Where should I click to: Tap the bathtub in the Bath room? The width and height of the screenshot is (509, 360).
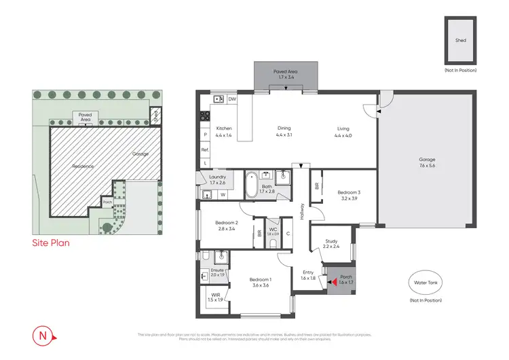click(x=251, y=183)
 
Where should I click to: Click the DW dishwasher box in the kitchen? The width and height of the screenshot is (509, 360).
click(x=232, y=99)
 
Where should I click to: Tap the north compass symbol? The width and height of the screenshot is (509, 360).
click(x=42, y=336)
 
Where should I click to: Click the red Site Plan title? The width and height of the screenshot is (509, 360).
click(x=52, y=241)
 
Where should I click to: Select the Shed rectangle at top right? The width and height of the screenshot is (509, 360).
click(x=460, y=41)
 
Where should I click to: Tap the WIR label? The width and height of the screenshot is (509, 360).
click(x=214, y=297)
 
